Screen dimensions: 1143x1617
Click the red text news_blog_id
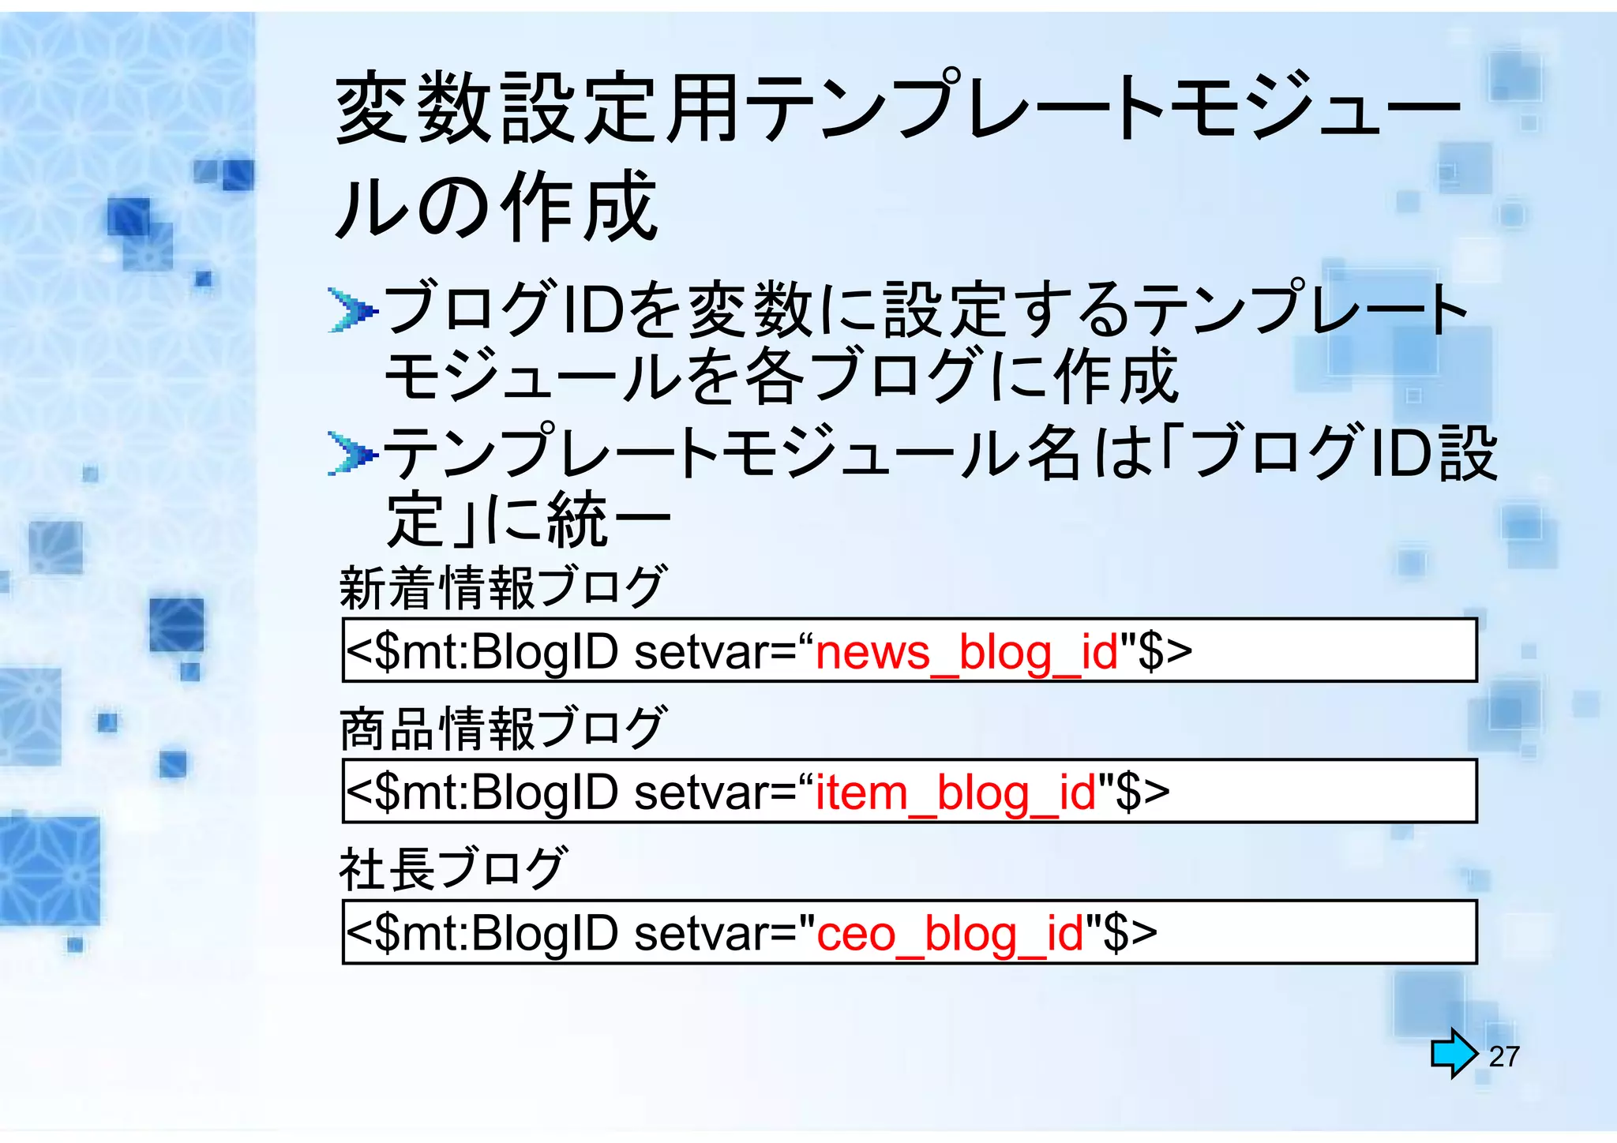(966, 653)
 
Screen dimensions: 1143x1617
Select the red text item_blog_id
(955, 793)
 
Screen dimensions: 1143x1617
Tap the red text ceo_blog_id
(950, 934)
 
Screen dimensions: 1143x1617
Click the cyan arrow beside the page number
(1453, 1053)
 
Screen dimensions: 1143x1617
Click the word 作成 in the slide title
(581, 207)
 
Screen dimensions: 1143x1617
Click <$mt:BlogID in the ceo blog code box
(482, 934)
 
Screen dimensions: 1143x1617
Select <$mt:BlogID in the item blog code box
(482, 793)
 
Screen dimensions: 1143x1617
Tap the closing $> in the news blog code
(1165, 653)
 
